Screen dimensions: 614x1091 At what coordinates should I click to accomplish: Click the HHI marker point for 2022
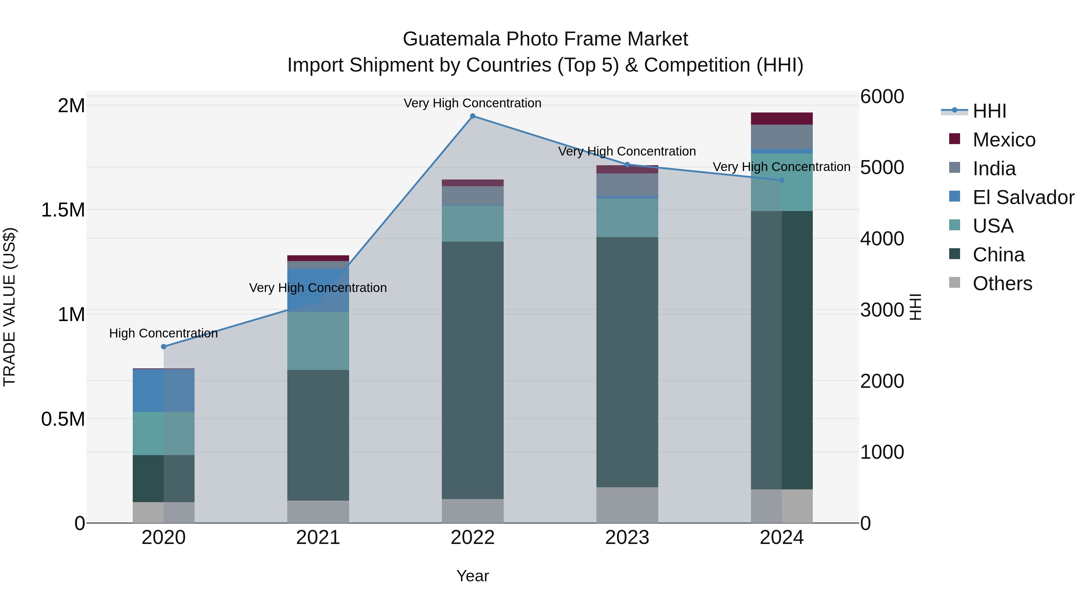pyautogui.click(x=473, y=116)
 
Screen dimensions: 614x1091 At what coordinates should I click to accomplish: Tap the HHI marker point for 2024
pyautogui.click(x=782, y=180)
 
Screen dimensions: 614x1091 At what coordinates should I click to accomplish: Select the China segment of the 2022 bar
pyautogui.click(x=473, y=370)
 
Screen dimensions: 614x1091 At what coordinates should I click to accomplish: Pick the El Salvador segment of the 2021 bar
pyautogui.click(x=318, y=290)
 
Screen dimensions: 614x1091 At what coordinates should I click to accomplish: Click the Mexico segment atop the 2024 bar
pyautogui.click(x=782, y=119)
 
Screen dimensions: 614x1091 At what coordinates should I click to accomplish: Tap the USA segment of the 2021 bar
pyautogui.click(x=318, y=341)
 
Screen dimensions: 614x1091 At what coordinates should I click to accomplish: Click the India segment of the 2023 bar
pyautogui.click(x=627, y=185)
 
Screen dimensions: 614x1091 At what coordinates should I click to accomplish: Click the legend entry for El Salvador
pyautogui.click(x=1023, y=197)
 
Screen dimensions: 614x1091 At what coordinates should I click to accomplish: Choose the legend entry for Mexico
pyautogui.click(x=1004, y=140)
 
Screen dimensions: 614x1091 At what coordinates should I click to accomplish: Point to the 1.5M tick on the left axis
pyautogui.click(x=63, y=210)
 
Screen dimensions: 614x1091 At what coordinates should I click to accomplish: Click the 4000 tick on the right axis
pyautogui.click(x=882, y=239)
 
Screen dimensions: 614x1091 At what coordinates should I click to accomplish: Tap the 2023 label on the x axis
pyautogui.click(x=627, y=538)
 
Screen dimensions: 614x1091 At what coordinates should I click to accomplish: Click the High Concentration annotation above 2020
pyautogui.click(x=163, y=334)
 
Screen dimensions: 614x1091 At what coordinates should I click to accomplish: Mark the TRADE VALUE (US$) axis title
pyautogui.click(x=10, y=307)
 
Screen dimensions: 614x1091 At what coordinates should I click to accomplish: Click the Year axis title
pyautogui.click(x=473, y=576)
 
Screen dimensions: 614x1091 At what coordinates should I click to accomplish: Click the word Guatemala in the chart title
pyautogui.click(x=452, y=39)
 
